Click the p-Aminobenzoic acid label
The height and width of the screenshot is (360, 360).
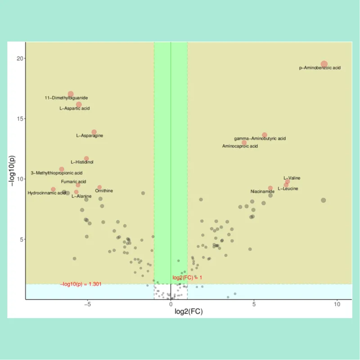click(320, 68)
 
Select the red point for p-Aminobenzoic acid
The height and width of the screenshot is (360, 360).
click(324, 64)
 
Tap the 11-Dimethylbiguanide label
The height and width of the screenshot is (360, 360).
click(66, 98)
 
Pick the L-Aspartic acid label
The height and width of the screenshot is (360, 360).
click(75, 108)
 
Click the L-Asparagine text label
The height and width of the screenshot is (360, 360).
click(90, 135)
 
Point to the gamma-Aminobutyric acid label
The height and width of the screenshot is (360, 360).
click(260, 139)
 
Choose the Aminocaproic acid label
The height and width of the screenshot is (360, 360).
click(240, 146)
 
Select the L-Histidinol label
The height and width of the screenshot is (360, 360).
click(82, 162)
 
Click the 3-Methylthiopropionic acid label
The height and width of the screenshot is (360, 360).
click(57, 173)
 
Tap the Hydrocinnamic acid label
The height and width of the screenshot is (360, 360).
click(47, 193)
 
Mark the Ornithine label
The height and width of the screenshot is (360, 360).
click(104, 191)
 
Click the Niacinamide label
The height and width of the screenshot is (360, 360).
click(262, 192)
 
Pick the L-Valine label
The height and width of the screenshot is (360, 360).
click(292, 178)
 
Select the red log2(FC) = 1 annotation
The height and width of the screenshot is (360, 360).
click(187, 278)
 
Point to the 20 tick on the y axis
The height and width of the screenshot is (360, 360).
click(20, 58)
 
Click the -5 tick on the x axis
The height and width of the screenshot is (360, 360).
click(88, 304)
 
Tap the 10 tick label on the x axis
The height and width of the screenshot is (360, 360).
click(337, 304)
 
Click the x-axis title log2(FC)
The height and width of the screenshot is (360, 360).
click(188, 311)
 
